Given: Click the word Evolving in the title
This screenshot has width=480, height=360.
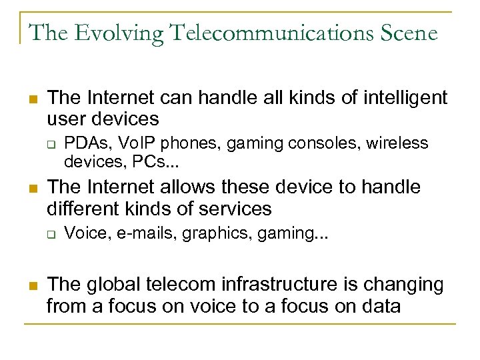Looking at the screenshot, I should coord(109,32).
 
